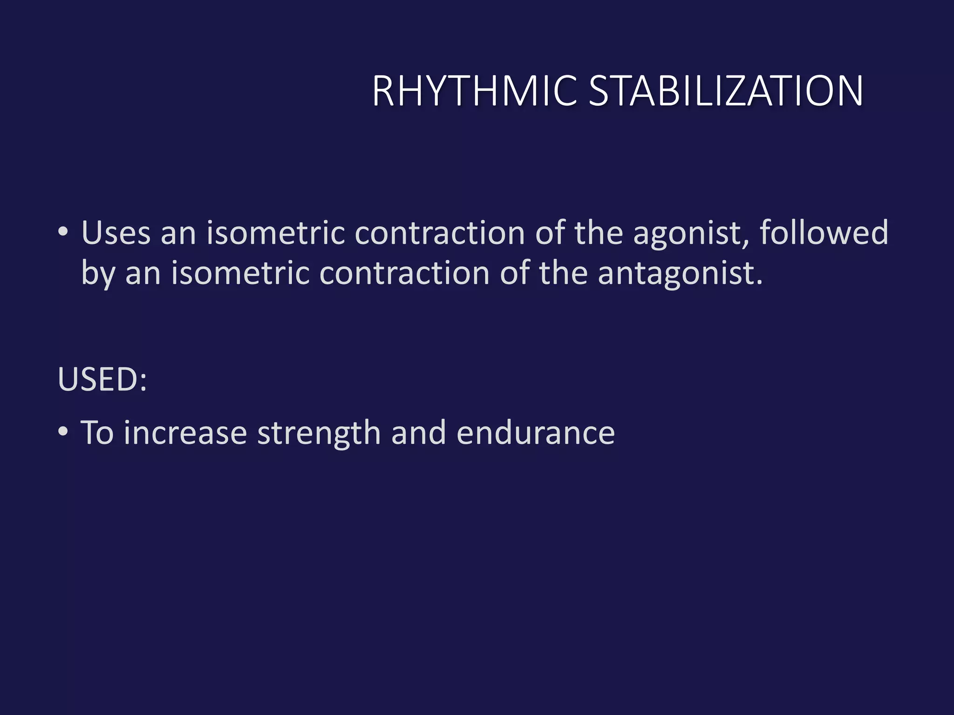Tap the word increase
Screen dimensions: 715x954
click(185, 433)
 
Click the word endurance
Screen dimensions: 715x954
click(536, 433)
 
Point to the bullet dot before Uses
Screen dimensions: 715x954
click(63, 231)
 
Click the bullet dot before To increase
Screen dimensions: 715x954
click(63, 432)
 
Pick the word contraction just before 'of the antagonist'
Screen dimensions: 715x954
click(404, 273)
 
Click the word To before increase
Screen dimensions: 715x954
click(97, 433)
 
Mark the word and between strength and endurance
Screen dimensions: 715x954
click(418, 433)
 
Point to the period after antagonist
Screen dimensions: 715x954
click(760, 282)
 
